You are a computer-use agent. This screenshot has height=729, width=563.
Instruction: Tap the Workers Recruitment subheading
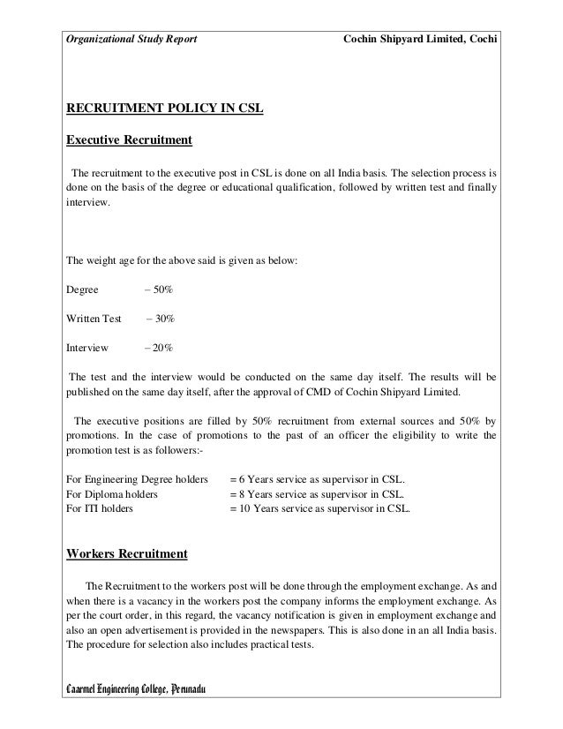click(127, 555)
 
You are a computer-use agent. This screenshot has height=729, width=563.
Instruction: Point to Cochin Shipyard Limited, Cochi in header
click(420, 41)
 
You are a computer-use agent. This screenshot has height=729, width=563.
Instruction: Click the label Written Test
click(94, 318)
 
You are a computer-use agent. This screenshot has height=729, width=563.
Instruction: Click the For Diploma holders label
click(112, 494)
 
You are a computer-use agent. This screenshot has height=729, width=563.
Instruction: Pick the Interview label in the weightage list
click(87, 348)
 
